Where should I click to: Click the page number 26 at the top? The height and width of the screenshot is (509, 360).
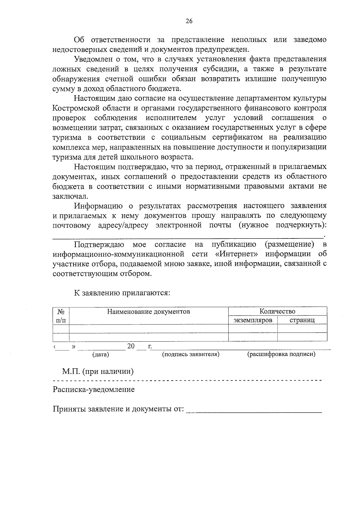coord(189,21)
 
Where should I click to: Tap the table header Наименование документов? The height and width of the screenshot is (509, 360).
coord(149,311)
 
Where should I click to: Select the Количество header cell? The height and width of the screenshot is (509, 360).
coord(277,311)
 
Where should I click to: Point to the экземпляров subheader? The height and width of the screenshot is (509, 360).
coord(253,320)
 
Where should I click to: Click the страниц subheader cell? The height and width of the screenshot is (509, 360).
coord(302,320)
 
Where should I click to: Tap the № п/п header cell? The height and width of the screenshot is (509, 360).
coord(61,316)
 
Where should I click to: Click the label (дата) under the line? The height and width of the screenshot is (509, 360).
coord(100,355)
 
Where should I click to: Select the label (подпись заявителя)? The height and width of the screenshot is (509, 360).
coord(191,354)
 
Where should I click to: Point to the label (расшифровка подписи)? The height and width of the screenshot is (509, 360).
coord(281,354)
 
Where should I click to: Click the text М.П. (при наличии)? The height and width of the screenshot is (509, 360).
coord(98,372)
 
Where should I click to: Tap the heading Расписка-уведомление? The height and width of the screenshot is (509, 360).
coord(94,390)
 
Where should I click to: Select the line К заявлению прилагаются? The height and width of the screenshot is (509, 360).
coord(122,293)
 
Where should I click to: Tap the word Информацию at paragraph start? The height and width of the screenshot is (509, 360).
coord(98,206)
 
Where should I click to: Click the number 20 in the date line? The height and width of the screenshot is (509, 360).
coord(131,346)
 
